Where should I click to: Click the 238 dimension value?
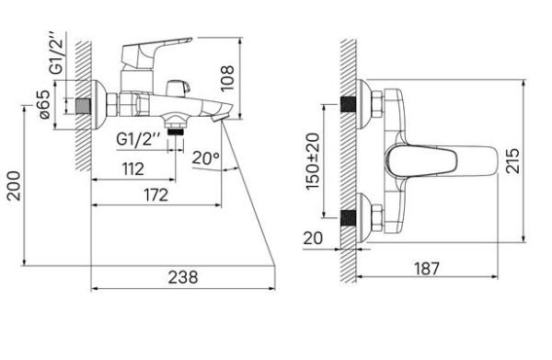[x=183, y=277]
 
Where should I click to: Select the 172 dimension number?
[x=156, y=195]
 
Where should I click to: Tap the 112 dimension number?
[x=133, y=169]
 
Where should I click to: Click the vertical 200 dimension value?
[x=14, y=186]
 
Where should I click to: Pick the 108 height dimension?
[x=227, y=78]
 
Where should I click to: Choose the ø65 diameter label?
[x=45, y=105]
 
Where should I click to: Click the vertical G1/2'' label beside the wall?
[x=57, y=53]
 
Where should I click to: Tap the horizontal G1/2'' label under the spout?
[x=139, y=139]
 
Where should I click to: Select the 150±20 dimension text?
[x=313, y=161]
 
